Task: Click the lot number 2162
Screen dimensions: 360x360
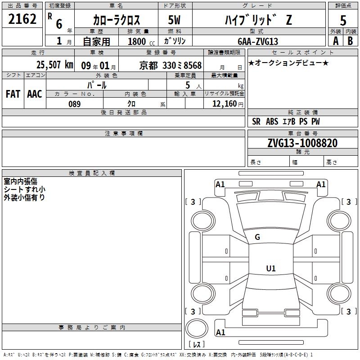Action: pos(22,19)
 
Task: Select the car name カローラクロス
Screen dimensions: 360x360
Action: pos(117,20)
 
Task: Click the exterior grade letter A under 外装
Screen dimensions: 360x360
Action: pos(335,41)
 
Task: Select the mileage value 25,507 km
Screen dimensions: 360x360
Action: pos(54,65)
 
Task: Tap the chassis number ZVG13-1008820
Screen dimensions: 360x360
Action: pos(302,143)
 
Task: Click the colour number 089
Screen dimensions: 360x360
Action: pos(74,104)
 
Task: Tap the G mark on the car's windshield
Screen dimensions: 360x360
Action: pos(257,237)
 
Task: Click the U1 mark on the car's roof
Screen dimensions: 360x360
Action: pos(271,269)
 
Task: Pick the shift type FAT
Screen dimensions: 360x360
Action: pos(13,94)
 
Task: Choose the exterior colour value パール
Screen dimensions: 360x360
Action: pos(97,85)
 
